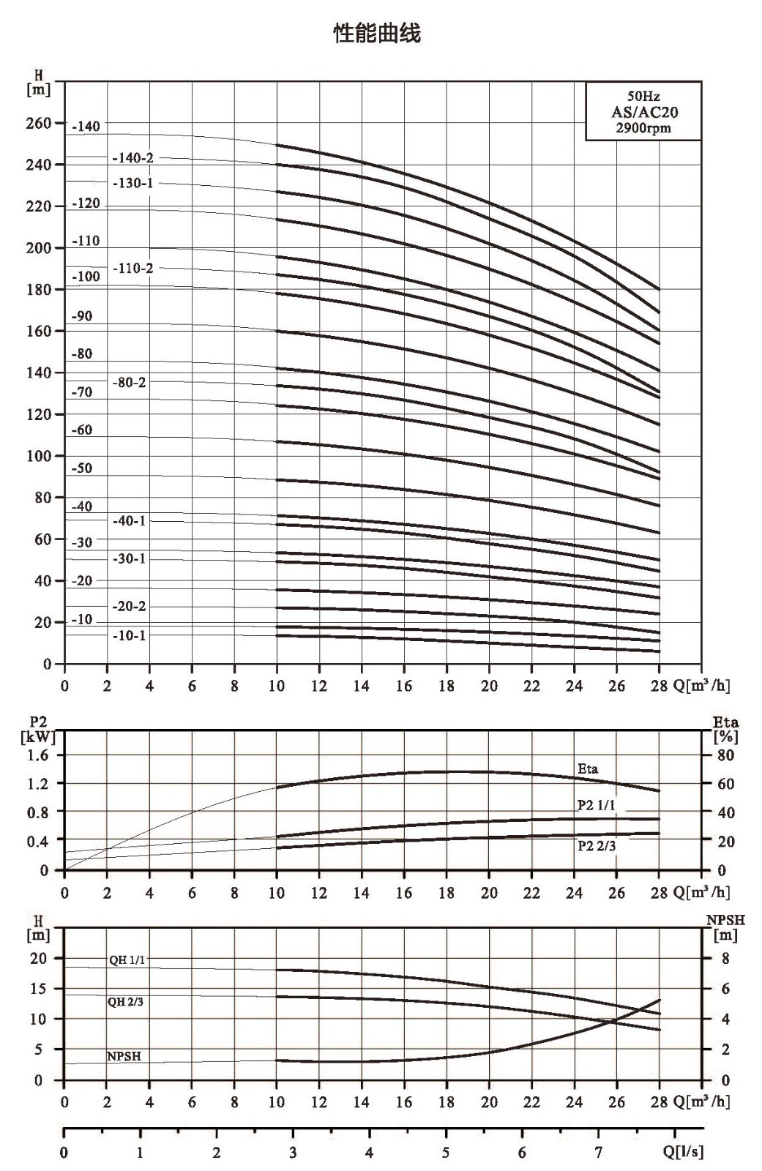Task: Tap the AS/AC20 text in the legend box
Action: [x=644, y=112]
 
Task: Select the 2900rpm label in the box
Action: [x=643, y=128]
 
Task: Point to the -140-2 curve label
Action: [x=133, y=158]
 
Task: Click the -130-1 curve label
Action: [x=133, y=183]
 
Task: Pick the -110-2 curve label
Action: [x=133, y=268]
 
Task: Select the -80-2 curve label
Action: [x=129, y=382]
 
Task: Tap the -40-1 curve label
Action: [x=129, y=520]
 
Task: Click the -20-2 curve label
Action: [x=129, y=607]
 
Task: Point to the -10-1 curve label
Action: [x=129, y=636]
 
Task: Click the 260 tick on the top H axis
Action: [x=39, y=124]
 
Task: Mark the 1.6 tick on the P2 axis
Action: [x=37, y=755]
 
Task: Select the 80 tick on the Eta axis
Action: [x=725, y=755]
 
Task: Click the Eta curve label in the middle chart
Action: [x=588, y=768]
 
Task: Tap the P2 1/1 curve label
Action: [x=597, y=806]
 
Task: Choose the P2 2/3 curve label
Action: [x=597, y=845]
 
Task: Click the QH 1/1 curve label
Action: [x=127, y=959]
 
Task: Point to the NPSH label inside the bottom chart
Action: [x=124, y=1056]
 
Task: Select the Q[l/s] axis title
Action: [x=683, y=1151]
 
